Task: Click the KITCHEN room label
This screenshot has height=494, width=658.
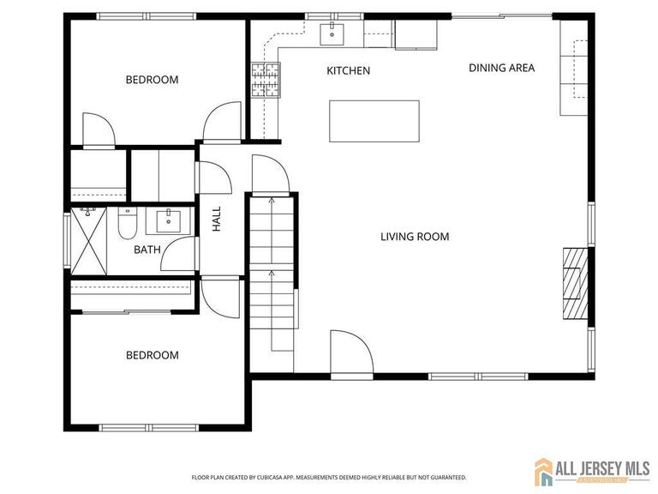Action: pyautogui.click(x=349, y=70)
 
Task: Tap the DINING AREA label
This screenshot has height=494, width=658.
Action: pyautogui.click(x=501, y=67)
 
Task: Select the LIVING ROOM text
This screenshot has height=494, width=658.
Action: pyautogui.click(x=415, y=237)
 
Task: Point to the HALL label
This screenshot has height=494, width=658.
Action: pyautogui.click(x=217, y=219)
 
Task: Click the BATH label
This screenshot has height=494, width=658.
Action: pyautogui.click(x=147, y=250)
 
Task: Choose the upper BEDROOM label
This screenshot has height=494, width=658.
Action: pyautogui.click(x=152, y=80)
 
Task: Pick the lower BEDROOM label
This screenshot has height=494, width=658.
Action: pyautogui.click(x=152, y=355)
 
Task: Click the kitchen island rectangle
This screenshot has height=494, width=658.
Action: pyautogui.click(x=374, y=121)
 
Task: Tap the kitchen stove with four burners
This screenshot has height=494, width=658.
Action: pyautogui.click(x=265, y=79)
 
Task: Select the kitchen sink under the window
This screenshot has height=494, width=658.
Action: pyautogui.click(x=332, y=35)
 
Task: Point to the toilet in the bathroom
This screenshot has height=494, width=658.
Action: pyautogui.click(x=126, y=225)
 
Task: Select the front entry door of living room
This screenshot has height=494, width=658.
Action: pyautogui.click(x=351, y=354)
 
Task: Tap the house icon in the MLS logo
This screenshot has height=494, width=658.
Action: pyautogui.click(x=544, y=471)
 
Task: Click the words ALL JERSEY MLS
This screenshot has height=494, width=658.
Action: pyautogui.click(x=600, y=467)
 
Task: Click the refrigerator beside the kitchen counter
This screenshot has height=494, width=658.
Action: pyautogui.click(x=416, y=34)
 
